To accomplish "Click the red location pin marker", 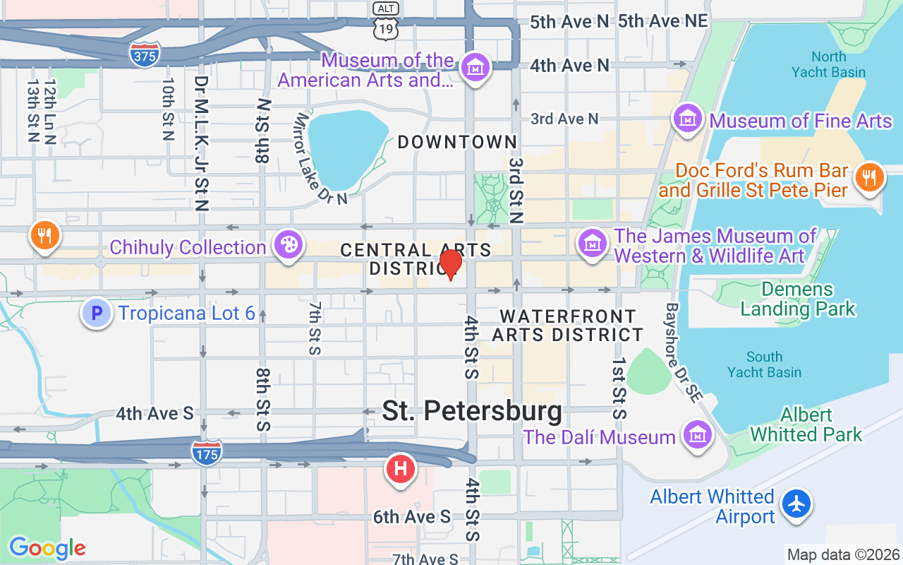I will click(x=450, y=264).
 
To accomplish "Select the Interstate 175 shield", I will click(x=206, y=451).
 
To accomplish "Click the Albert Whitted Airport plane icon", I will click(x=797, y=504).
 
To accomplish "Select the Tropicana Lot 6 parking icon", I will click(x=97, y=313).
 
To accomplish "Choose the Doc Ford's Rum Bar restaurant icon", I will click(x=869, y=178).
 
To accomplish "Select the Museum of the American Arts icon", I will click(x=475, y=69).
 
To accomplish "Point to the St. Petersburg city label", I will click(x=472, y=411).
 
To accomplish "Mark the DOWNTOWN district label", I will click(x=457, y=142).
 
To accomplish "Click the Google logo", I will click(x=47, y=547).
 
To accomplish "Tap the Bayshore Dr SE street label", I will click(x=683, y=353).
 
